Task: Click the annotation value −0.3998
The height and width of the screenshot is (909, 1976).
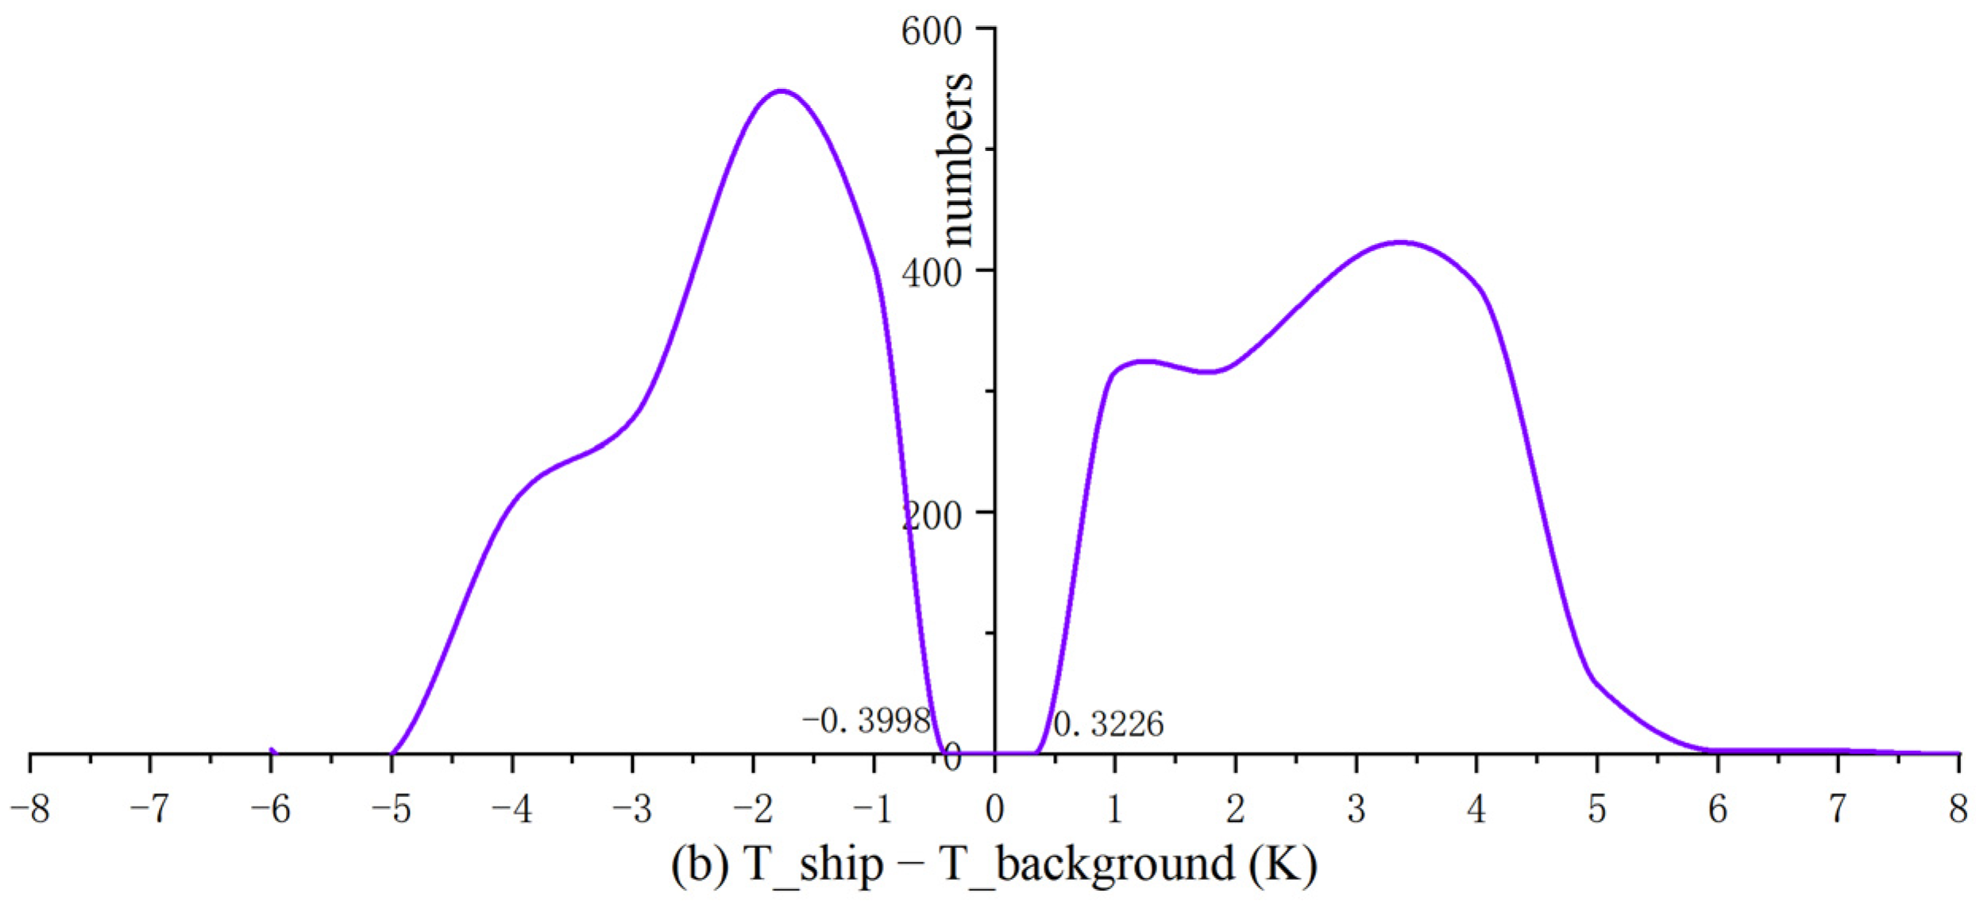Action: click(x=866, y=721)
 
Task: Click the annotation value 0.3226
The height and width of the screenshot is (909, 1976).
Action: click(x=1108, y=724)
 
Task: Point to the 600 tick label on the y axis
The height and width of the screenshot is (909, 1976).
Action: click(x=931, y=32)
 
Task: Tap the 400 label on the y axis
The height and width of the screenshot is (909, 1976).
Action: click(x=931, y=273)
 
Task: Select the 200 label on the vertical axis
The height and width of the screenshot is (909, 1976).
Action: click(x=931, y=516)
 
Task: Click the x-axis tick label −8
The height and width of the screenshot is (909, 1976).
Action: click(x=29, y=810)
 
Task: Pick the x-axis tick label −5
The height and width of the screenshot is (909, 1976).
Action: click(x=391, y=810)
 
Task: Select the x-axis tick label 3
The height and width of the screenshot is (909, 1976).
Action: click(x=1356, y=810)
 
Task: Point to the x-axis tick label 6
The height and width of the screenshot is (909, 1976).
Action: click(x=1717, y=810)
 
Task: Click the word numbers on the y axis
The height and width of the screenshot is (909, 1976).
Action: click(x=955, y=159)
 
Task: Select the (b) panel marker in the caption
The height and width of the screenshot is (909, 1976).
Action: click(x=700, y=865)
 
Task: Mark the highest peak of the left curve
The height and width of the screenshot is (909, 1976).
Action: click(x=782, y=91)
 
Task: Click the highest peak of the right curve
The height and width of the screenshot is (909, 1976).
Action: click(x=1400, y=242)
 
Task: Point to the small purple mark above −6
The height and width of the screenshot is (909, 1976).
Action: click(x=272, y=751)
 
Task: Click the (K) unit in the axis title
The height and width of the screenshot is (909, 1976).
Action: click(x=1282, y=865)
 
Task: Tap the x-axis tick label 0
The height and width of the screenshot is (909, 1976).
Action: click(x=994, y=810)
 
